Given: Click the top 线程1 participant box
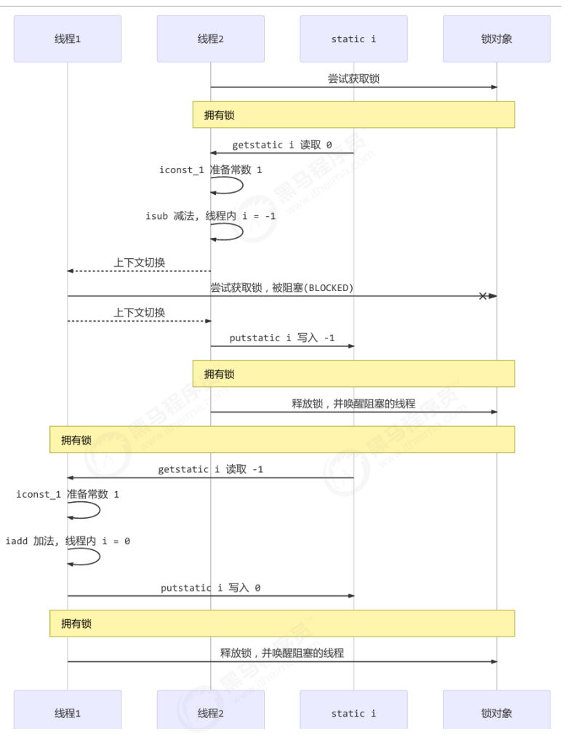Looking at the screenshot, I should pos(68,39).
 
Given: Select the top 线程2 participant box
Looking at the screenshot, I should pos(211,39).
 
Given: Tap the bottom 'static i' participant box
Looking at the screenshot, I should pos(353,713).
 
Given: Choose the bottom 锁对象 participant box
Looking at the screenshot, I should pos(497,713).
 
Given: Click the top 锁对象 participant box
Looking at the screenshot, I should pos(497,39).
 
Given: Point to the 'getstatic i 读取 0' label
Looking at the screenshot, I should pos(282,145).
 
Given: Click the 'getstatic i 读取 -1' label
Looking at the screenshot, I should pos(211,469).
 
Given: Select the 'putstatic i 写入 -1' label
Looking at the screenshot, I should pos(282,338).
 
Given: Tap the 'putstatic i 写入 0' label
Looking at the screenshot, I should pos(211,588).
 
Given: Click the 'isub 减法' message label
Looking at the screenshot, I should pos(210,216).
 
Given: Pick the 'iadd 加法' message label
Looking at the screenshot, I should pos(68,541).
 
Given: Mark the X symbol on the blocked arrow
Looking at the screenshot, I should pos(483,296).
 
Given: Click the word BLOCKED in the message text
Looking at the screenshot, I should pos(327,288).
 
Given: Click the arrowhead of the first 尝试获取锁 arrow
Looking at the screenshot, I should pos(494,87).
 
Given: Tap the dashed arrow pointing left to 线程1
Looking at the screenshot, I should pos(139,271).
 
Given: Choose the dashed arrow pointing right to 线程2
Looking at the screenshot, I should pos(139,321).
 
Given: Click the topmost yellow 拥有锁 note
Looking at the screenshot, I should pos(353,115).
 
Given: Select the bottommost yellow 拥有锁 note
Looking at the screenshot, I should pos(282,624).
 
